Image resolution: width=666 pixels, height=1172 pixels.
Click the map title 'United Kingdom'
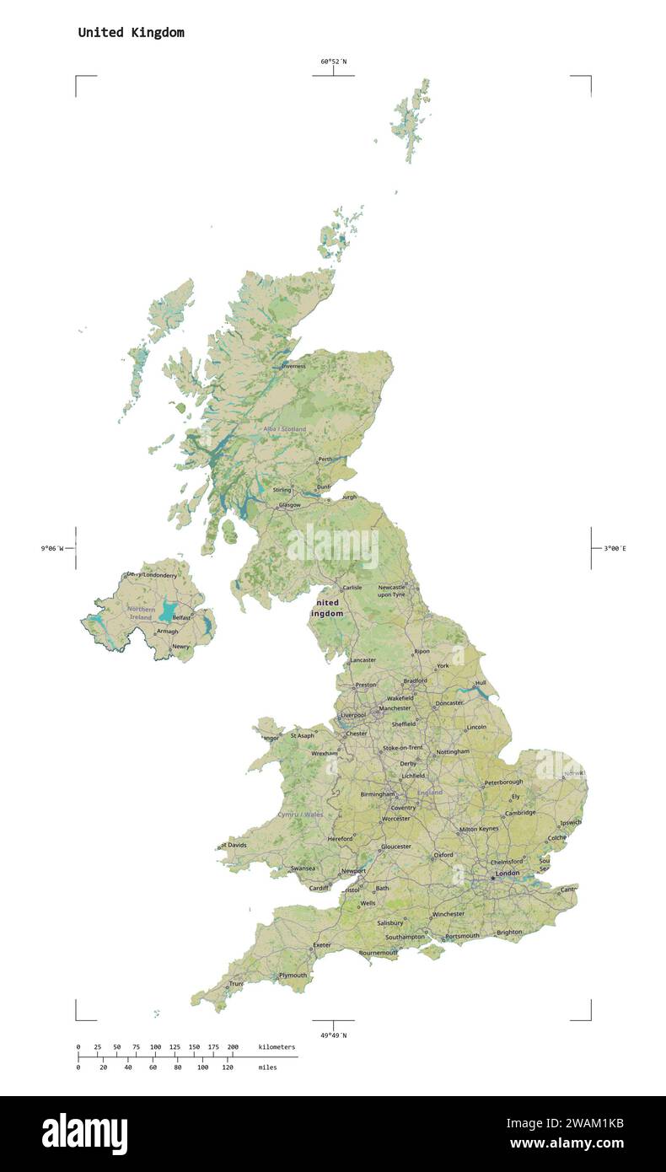131,33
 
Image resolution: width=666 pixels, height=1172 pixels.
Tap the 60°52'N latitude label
333,62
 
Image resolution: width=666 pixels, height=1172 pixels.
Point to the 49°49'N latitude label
333,1035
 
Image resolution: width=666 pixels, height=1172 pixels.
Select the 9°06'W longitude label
52,549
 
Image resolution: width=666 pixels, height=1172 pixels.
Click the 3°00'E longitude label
615,549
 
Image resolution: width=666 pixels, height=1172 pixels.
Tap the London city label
508,874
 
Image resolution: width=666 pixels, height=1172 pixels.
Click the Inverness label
293,367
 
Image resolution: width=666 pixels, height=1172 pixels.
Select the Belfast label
181,617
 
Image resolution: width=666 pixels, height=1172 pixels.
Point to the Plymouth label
293,976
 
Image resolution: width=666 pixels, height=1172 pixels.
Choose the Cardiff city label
319,888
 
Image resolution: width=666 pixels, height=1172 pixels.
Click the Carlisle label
352,588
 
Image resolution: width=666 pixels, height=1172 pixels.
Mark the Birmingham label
377,794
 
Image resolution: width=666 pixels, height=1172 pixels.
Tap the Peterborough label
503,782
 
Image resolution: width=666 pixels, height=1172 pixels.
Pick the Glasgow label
289,505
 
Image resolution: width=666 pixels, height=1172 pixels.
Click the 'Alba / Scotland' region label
284,429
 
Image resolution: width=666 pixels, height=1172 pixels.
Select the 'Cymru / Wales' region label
300,814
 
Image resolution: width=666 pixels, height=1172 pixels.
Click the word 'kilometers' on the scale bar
277,1046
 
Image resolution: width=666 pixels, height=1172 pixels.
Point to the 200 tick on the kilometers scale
233,1046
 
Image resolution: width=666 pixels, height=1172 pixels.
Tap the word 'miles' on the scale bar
267,1067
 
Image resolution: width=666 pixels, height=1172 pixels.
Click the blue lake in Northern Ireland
169,610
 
